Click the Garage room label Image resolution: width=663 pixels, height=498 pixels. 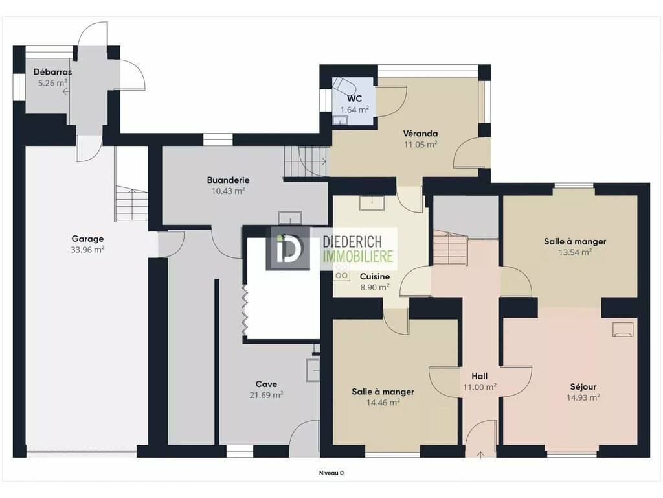(x=87, y=239)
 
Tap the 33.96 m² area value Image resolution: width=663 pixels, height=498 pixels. (x=87, y=250)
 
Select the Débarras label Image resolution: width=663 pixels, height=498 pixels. (x=52, y=72)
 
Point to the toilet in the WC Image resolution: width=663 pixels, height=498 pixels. (x=343, y=86)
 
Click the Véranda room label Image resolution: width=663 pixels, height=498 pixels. (x=420, y=134)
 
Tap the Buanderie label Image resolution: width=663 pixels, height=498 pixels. (x=228, y=180)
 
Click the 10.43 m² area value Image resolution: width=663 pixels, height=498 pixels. (x=229, y=191)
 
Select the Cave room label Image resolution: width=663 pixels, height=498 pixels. (x=266, y=384)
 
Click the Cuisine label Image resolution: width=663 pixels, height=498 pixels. (x=375, y=276)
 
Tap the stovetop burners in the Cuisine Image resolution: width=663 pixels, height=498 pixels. (x=342, y=272)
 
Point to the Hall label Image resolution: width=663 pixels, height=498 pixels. (x=480, y=376)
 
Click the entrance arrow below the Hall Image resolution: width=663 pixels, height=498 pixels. (x=481, y=455)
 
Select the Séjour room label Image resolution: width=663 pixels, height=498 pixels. (x=583, y=386)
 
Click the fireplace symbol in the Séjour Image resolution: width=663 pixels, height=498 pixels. (x=624, y=329)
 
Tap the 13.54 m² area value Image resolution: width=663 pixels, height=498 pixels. (x=575, y=252)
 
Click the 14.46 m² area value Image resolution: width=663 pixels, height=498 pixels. (x=383, y=403)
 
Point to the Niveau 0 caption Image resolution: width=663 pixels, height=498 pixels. (x=331, y=473)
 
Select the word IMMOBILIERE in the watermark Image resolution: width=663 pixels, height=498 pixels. (x=357, y=255)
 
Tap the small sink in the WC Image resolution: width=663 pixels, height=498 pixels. (x=341, y=121)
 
